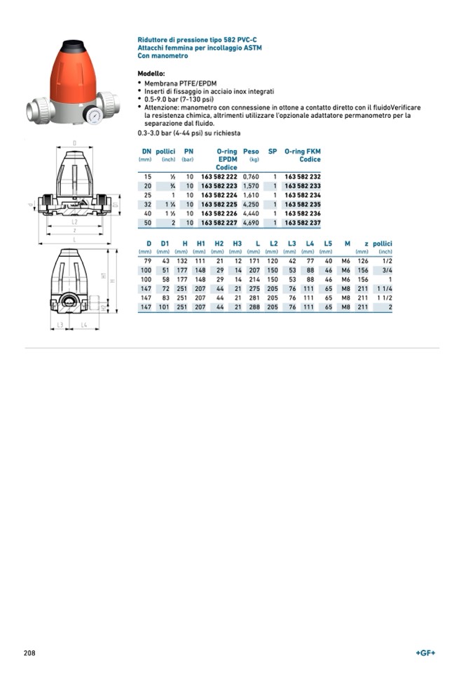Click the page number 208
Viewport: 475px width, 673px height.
tap(29, 653)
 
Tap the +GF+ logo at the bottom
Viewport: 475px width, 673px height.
tap(425, 653)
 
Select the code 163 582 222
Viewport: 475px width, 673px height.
tap(219, 177)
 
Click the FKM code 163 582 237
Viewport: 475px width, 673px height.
tap(302, 222)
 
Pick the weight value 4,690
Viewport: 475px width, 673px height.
tap(251, 222)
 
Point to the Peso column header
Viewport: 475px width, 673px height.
tap(251, 151)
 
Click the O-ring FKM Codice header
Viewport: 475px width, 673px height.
tap(303, 155)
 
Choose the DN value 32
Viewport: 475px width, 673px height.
tap(147, 204)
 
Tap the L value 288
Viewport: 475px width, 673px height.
tap(254, 307)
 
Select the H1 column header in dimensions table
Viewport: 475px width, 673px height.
tap(200, 244)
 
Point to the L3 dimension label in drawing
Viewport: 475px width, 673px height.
tap(60, 325)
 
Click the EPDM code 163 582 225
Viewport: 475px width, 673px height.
tap(219, 204)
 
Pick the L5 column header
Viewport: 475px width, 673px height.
tap(328, 244)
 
